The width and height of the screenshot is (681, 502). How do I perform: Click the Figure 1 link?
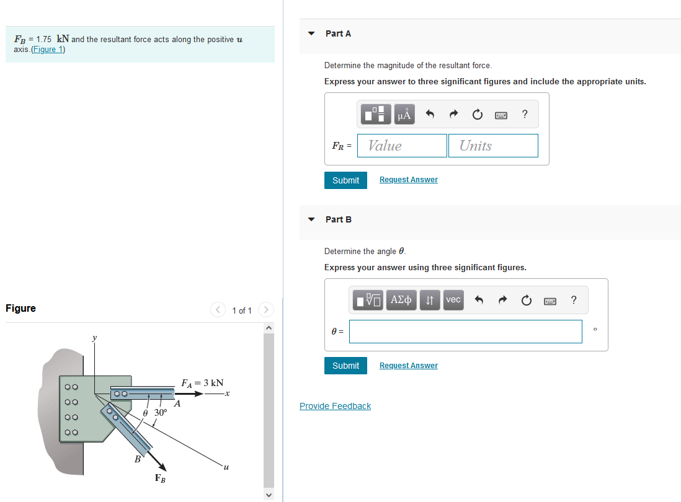click(48, 50)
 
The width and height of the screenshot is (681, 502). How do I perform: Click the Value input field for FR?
click(403, 146)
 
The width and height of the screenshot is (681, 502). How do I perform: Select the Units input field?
click(492, 146)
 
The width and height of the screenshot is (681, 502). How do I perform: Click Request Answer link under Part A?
click(408, 180)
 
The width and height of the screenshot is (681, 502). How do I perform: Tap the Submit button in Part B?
click(345, 366)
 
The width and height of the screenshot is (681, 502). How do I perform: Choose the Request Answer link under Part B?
click(408, 366)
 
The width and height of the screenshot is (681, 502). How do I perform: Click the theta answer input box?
click(465, 332)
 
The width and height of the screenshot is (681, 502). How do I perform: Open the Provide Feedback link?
click(335, 406)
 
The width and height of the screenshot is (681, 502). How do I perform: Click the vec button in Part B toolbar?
click(453, 300)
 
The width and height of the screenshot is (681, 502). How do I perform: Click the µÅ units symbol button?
click(404, 114)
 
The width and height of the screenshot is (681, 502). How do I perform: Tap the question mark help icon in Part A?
click(525, 114)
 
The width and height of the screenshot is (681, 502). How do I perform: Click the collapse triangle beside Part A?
click(312, 33)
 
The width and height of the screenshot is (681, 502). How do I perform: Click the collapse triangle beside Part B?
click(312, 219)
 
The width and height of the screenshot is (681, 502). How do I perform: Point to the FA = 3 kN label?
click(202, 383)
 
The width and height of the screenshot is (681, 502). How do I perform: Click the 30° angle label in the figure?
click(161, 412)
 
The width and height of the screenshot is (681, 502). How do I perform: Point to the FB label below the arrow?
click(160, 478)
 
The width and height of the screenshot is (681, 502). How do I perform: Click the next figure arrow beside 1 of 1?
click(265, 309)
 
